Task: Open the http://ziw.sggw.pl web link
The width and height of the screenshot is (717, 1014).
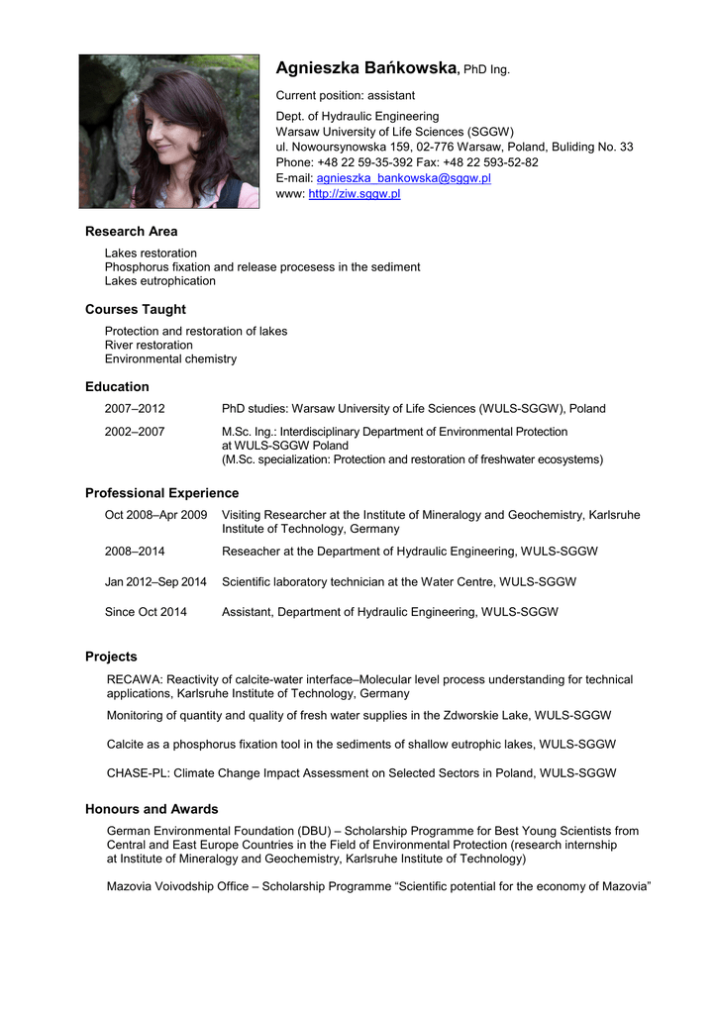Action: tap(355, 194)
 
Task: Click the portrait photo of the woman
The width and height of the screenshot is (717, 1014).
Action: tap(168, 131)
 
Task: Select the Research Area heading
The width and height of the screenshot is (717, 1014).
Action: tap(132, 232)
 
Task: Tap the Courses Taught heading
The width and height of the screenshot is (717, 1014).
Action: tap(136, 309)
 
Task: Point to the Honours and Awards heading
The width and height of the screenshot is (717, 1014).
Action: tap(152, 809)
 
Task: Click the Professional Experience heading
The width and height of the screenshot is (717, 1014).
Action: tap(161, 493)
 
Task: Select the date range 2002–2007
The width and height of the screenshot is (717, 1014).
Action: tap(135, 431)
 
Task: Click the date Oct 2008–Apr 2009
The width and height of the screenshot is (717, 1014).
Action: tap(155, 515)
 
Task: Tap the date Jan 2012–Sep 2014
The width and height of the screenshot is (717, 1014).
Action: tap(155, 582)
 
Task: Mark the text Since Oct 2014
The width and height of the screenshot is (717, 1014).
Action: tap(146, 612)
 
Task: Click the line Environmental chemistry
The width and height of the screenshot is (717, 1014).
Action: tap(170, 358)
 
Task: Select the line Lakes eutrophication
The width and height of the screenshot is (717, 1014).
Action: tap(159, 281)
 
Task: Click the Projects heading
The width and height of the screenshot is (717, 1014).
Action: tap(111, 657)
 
